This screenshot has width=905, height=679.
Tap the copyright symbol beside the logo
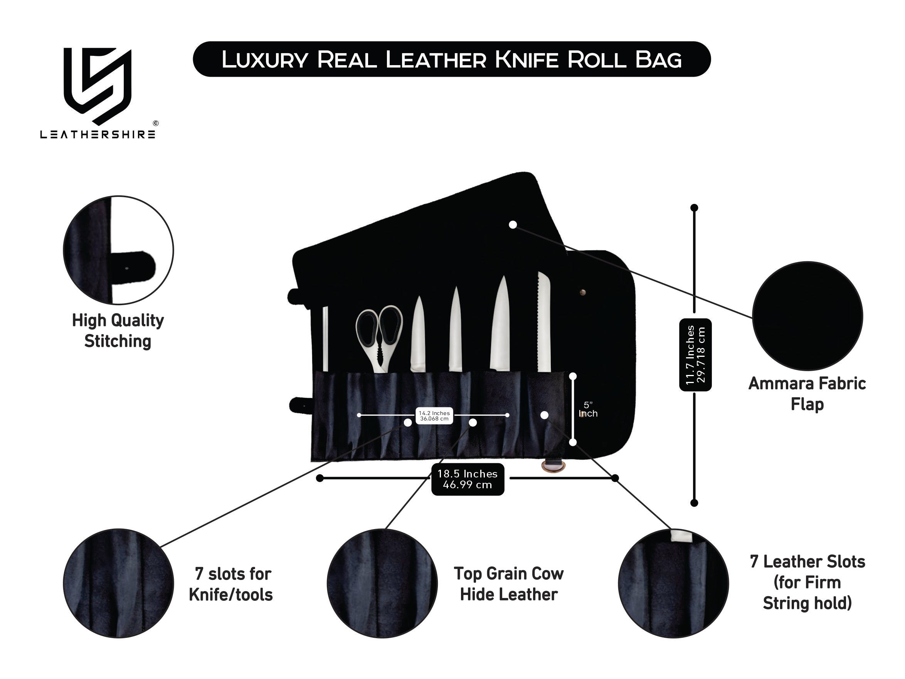click(x=155, y=123)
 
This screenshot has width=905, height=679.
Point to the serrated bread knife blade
click(x=544, y=323)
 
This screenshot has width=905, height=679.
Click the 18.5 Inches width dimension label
click(x=467, y=479)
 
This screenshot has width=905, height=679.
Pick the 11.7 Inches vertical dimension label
click(x=695, y=355)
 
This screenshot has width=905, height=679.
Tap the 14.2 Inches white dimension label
click(x=434, y=415)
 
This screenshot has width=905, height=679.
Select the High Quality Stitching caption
click(x=118, y=331)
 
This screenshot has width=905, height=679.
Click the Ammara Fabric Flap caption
click(x=807, y=393)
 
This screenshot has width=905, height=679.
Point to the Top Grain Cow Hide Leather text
click(x=508, y=584)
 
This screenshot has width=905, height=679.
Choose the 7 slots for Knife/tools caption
click(x=231, y=584)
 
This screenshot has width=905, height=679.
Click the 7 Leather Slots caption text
click(x=807, y=582)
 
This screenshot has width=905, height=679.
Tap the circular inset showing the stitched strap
click(x=118, y=250)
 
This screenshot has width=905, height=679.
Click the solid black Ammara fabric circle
click(x=807, y=316)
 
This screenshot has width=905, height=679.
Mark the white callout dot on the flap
click(x=513, y=225)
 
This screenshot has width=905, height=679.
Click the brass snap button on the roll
click(x=583, y=292)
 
